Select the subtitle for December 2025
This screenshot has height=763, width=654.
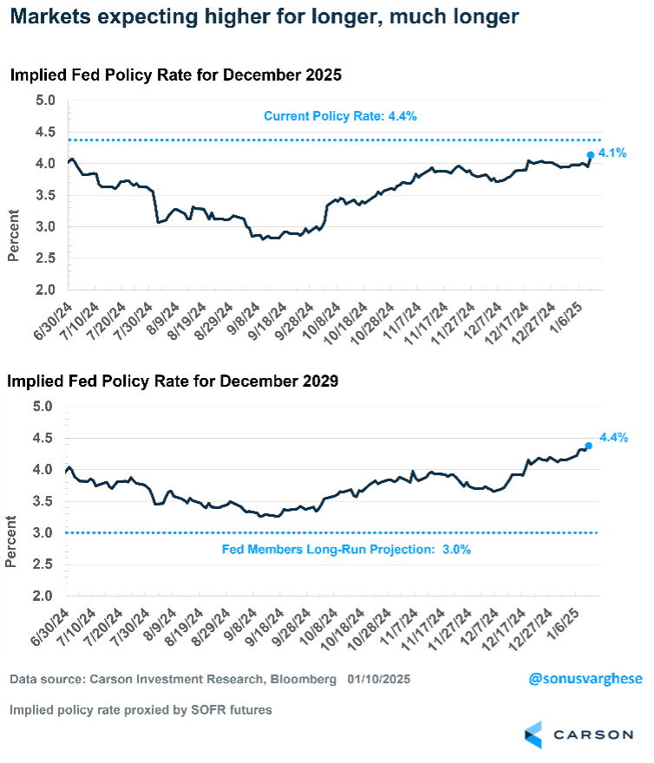tap(176, 75)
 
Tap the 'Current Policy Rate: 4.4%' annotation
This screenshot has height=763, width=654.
tap(340, 116)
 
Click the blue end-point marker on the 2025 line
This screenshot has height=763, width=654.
tap(591, 155)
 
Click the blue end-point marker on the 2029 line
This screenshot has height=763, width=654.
tap(589, 446)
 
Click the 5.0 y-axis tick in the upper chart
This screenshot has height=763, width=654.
tap(45, 101)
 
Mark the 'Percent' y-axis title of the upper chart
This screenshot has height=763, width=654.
tap(14, 236)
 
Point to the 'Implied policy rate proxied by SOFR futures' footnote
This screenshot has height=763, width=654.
tap(141, 710)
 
